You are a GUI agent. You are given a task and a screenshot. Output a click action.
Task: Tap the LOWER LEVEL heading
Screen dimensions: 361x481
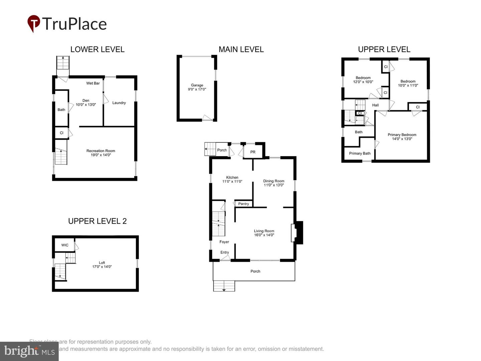tap(97, 49)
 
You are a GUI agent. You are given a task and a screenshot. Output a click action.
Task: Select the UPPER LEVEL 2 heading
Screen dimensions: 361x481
tap(97, 221)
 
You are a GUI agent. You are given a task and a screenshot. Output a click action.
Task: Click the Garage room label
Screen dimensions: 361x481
tap(197, 85)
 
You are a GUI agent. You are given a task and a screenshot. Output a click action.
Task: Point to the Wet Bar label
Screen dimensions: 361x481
tap(93, 83)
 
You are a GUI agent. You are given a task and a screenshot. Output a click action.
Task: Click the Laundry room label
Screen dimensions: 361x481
tap(119, 103)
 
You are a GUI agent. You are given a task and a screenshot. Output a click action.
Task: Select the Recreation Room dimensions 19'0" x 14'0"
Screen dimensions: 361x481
tap(101, 155)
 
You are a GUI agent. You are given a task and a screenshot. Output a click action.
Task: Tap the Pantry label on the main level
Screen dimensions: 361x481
tap(244, 204)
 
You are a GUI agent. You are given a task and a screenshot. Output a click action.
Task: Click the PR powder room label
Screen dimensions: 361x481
tap(253, 152)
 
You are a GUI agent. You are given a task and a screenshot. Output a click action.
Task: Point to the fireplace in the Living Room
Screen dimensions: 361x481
tap(297, 232)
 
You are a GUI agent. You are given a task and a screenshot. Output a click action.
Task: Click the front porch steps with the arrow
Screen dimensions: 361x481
tap(224, 286)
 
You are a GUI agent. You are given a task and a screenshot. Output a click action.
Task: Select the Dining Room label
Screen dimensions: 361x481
tap(274, 181)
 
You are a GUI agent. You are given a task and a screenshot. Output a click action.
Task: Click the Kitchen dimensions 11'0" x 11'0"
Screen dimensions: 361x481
tap(232, 182)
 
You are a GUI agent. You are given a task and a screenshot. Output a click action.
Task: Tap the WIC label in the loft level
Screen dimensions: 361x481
tap(65, 245)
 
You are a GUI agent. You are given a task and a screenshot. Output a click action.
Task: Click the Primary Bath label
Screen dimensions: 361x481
tap(360, 153)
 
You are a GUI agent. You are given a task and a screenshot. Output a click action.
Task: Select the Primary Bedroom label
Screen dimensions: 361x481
tap(402, 135)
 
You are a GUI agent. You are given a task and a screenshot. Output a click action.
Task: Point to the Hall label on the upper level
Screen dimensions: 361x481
tap(375, 105)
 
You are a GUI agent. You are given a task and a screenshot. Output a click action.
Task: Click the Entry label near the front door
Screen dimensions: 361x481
tap(224, 252)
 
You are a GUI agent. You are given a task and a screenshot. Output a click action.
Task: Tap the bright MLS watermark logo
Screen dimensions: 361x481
tap(29, 351)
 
